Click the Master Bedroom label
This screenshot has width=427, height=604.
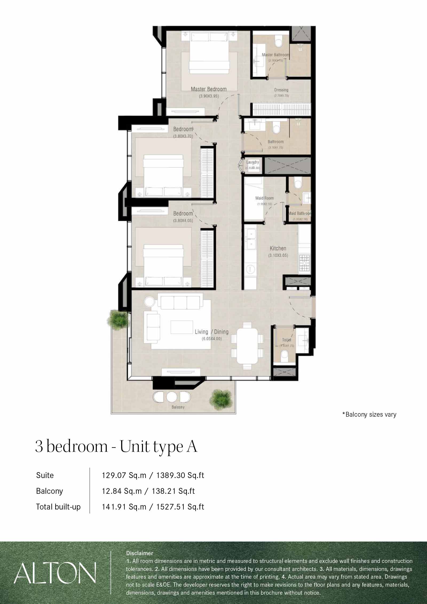[208, 89]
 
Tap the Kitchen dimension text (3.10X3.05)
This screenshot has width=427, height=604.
[278, 255]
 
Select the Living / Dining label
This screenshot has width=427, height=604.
[212, 332]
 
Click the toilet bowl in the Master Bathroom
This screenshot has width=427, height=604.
[279, 43]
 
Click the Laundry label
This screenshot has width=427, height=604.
[252, 162]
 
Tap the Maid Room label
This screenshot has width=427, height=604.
[264, 198]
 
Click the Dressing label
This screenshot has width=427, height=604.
[281, 90]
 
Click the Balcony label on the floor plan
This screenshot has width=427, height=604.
[178, 407]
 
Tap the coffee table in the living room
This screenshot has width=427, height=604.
[182, 327]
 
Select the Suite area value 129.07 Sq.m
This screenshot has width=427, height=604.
[124, 475]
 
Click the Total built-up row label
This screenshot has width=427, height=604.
[58, 507]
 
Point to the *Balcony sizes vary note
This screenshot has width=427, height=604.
[369, 414]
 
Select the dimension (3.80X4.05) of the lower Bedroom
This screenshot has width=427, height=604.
[183, 221]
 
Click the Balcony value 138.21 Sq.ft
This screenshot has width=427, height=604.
[173, 491]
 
